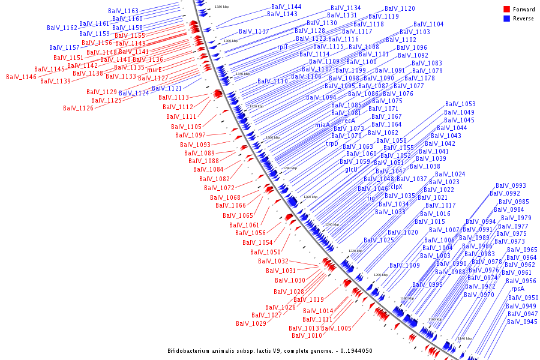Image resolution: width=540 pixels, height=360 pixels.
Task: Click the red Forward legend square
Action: tap(507, 9)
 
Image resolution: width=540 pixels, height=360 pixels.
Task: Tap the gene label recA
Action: tap(349, 121)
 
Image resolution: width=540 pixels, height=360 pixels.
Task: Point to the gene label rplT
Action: tap(283, 46)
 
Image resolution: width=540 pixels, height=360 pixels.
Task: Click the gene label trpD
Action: tap(332, 143)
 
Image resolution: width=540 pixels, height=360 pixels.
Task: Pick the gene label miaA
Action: tap(322, 125)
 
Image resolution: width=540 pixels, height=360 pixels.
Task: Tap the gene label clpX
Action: tap(397, 187)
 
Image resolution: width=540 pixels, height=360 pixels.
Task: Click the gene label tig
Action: tap(371, 197)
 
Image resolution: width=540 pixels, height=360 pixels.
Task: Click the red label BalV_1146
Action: tap(21, 77)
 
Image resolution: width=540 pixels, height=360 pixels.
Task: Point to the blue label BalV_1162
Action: tap(62, 28)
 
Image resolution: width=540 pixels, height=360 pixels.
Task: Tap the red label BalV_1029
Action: tap(251, 323)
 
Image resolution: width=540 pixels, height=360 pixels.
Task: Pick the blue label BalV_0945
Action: tap(522, 322)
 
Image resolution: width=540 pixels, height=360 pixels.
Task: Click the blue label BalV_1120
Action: tap(400, 9)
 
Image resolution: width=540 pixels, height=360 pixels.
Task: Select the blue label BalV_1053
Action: tap(460, 104)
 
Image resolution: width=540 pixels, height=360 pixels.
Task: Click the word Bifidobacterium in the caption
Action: tap(191, 350)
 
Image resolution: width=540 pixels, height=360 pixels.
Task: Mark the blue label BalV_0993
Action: tap(511, 186)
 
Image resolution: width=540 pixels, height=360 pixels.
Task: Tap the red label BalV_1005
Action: tap(336, 328)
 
